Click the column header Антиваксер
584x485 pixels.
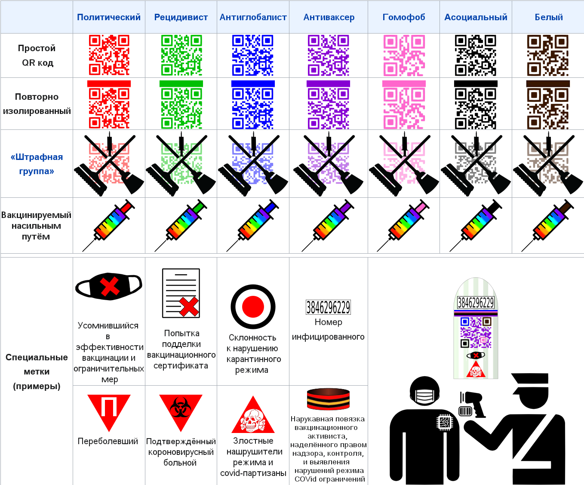click(x=329, y=17)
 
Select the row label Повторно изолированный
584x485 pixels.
click(x=37, y=104)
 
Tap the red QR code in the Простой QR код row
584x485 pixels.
click(x=109, y=55)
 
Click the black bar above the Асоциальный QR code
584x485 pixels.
click(x=476, y=83)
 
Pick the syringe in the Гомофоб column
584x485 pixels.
click(x=404, y=224)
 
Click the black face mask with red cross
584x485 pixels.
click(x=109, y=286)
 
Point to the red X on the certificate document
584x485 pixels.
click(x=189, y=307)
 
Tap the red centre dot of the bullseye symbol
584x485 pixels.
click(x=253, y=307)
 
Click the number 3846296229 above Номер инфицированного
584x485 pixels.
click(x=328, y=307)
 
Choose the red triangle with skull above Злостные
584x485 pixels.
click(x=253, y=417)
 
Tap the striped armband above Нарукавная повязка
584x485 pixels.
click(x=328, y=399)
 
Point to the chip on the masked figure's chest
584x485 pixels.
click(x=444, y=422)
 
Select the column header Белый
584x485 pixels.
click(x=548, y=17)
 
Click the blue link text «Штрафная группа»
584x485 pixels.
click(x=37, y=164)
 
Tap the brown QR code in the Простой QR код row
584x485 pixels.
click(x=548, y=55)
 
